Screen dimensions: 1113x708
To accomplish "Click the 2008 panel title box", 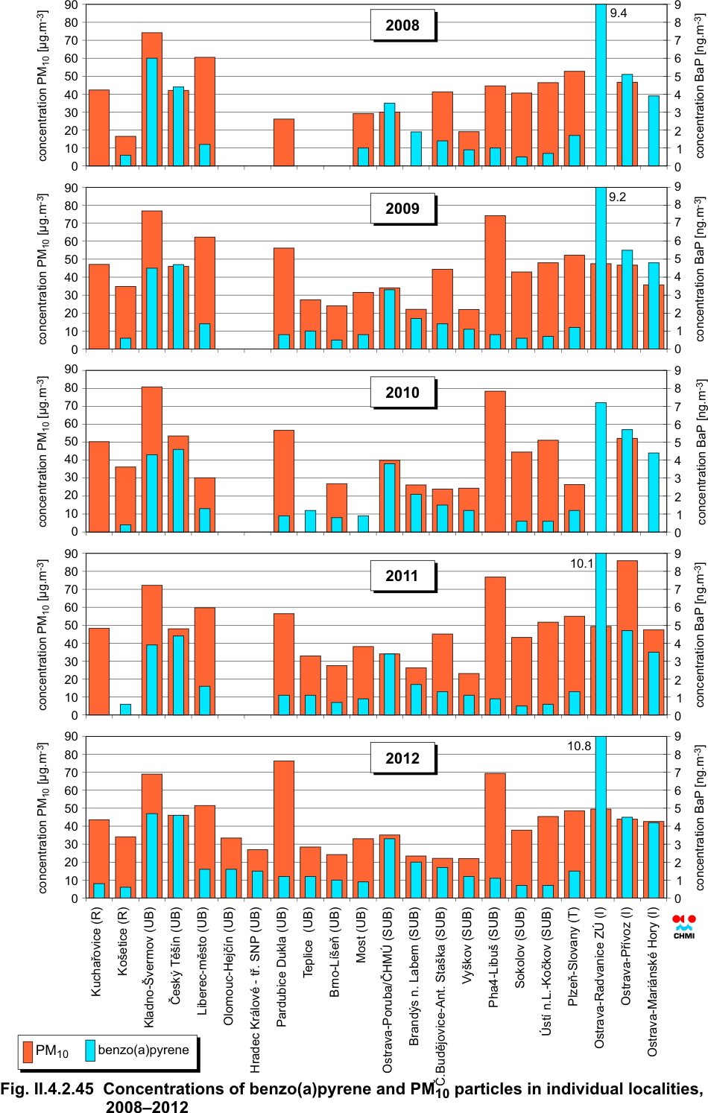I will [402, 25].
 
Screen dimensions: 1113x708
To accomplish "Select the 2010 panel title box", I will [402, 393].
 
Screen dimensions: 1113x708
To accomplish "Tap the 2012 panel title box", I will [402, 758].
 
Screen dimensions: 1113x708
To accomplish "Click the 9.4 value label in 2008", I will [619, 13].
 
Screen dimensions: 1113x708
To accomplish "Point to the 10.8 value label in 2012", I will [579, 746].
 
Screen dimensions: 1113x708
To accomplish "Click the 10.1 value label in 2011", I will [582, 563].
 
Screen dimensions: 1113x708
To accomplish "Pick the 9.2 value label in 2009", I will [617, 197].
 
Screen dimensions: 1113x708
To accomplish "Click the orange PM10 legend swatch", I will [28, 1051].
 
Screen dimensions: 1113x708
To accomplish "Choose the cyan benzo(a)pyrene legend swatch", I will [90, 1050].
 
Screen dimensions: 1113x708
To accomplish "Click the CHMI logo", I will [683, 927].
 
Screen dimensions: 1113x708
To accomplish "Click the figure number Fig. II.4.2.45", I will [47, 1089].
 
